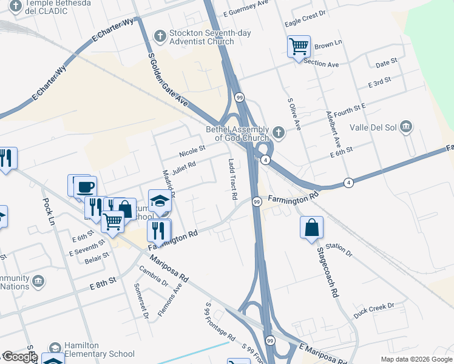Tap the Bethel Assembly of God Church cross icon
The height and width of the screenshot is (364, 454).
[x=278, y=132]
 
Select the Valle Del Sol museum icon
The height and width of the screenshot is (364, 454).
[x=407, y=127]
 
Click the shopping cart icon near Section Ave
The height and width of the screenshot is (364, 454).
[x=299, y=46]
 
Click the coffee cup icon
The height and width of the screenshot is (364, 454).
[x=85, y=186]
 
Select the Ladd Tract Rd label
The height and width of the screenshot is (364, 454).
[x=232, y=180]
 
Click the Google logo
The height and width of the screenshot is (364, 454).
[x=20, y=357]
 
